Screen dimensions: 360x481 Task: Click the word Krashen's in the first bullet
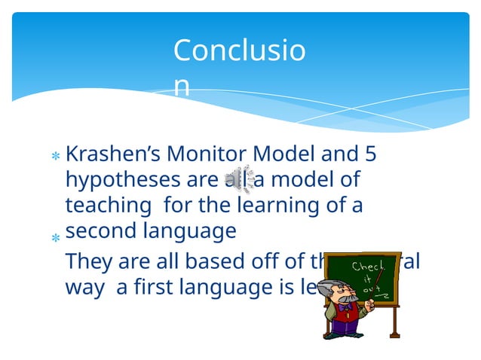click(x=113, y=154)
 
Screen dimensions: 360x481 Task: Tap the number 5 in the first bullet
click(x=369, y=154)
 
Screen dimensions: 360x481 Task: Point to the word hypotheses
click(x=118, y=181)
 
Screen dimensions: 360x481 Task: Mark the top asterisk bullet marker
click(x=55, y=157)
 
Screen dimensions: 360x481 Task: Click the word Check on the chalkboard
click(x=368, y=267)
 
